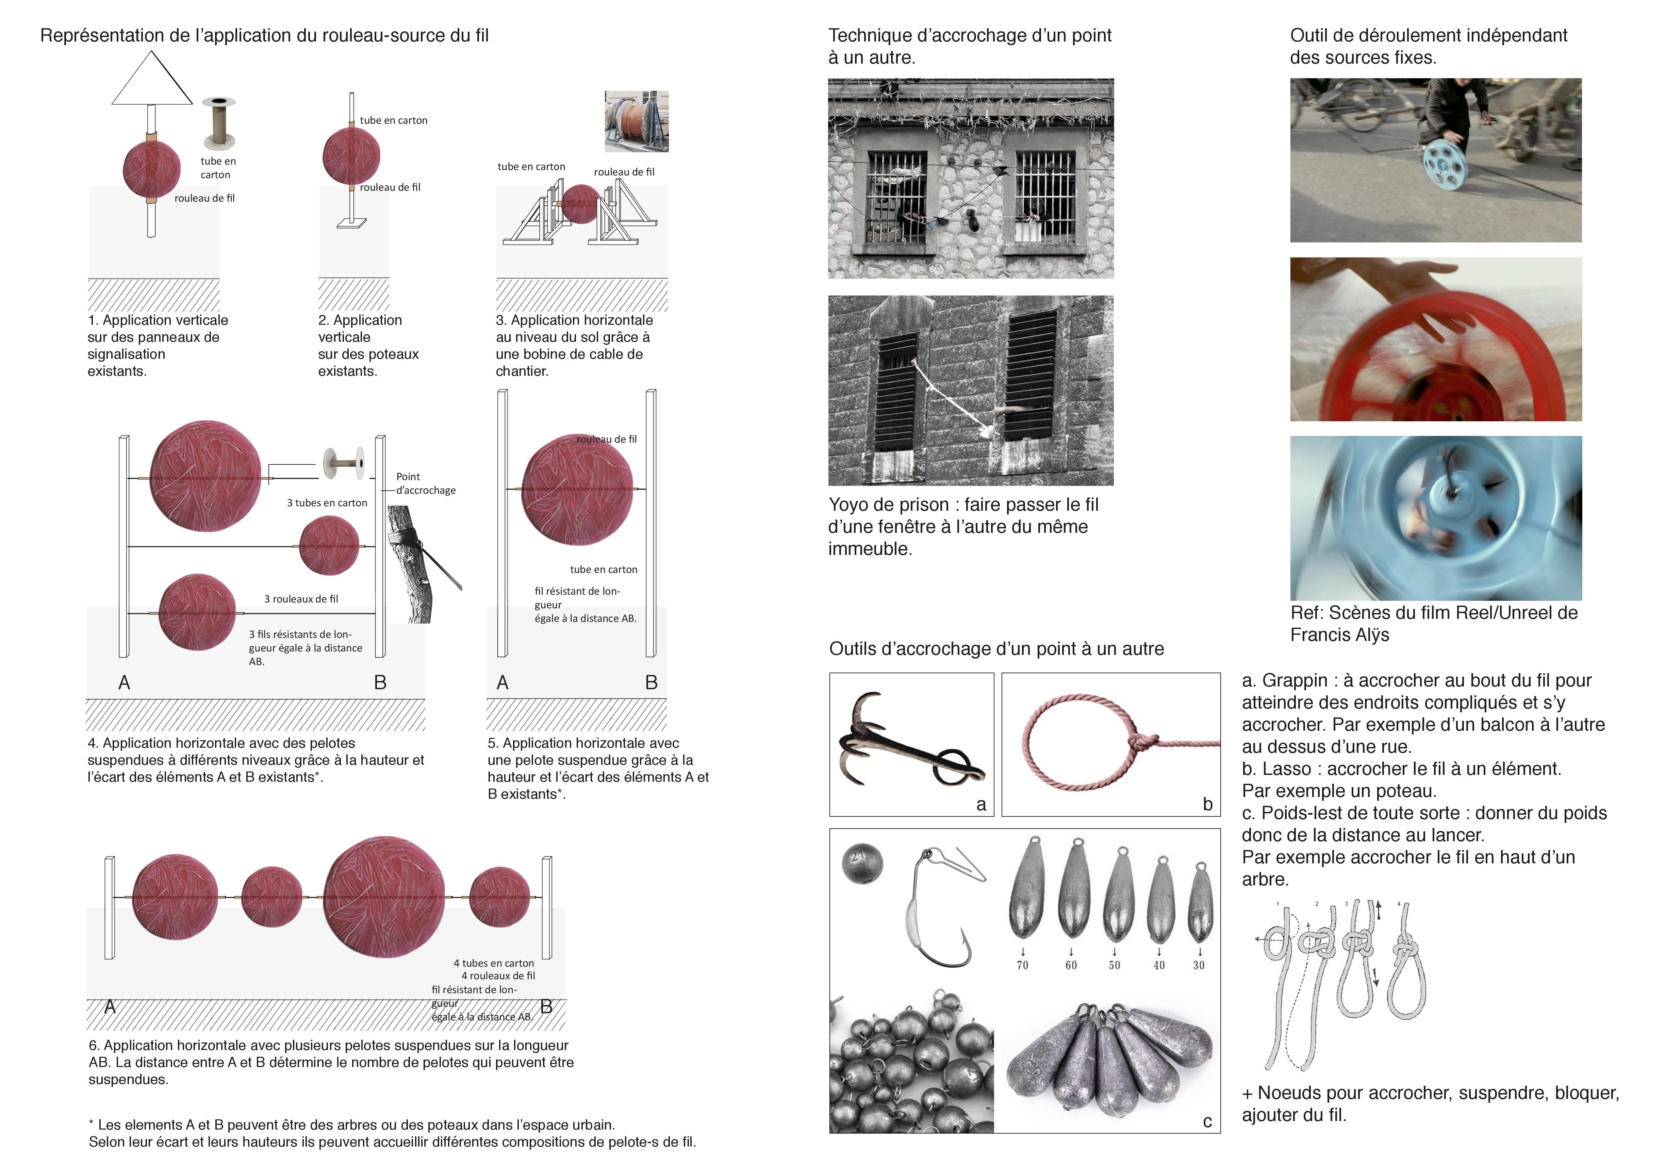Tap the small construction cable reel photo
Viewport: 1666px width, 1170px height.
(x=637, y=121)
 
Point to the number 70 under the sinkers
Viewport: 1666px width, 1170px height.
(x=1022, y=965)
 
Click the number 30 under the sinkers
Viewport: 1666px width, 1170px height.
(x=1199, y=965)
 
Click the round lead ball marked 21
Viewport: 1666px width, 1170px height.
(x=862, y=863)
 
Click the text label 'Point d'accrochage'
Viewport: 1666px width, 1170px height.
(x=425, y=483)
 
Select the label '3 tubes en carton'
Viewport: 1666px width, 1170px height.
(x=327, y=503)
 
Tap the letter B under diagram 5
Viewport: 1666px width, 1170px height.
(x=651, y=682)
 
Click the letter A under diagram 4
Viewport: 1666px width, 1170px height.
(x=124, y=682)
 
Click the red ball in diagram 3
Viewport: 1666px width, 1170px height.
(x=580, y=204)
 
